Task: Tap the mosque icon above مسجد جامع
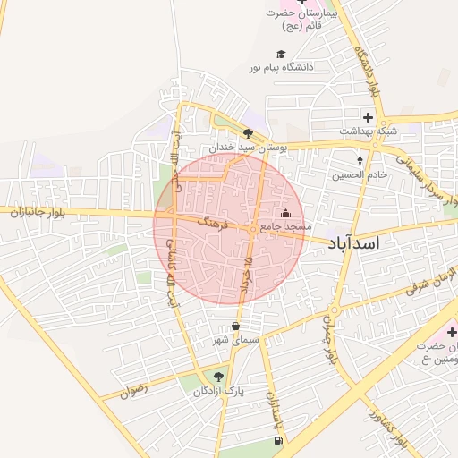coord(285,214)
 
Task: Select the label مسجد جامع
coord(285,228)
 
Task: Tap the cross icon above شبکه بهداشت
coord(368,117)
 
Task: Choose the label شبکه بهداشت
coord(368,131)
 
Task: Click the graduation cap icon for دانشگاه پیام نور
coord(281,54)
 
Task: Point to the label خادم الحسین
coord(360,175)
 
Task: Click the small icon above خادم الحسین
coord(360,161)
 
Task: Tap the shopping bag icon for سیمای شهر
coord(235,327)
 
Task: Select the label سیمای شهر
coord(235,341)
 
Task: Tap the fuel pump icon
coord(277,440)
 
